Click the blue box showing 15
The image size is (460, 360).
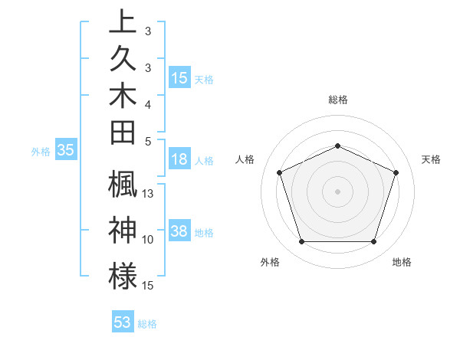[x=179, y=77]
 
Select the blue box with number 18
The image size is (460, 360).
[x=179, y=159]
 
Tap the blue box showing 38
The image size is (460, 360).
[x=179, y=231]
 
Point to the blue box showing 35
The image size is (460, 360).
[x=66, y=151]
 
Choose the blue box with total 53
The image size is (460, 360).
[x=123, y=322]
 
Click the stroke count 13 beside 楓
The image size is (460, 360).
[x=149, y=194]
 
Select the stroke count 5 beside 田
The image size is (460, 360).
[x=148, y=141]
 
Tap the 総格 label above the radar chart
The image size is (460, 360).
[x=337, y=100]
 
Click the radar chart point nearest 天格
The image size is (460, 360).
[x=396, y=172]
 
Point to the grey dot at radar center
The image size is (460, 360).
[x=337, y=191]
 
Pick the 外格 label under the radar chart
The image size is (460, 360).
[x=270, y=263]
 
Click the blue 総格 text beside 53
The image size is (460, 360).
[x=147, y=324]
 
